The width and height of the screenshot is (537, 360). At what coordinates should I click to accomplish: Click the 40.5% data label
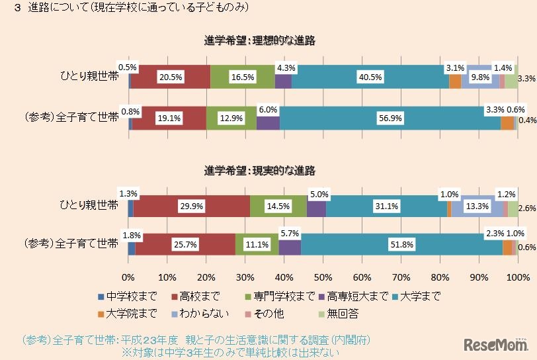[x=370, y=77]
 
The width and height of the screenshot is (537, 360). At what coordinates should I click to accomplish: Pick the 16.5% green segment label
[x=242, y=77]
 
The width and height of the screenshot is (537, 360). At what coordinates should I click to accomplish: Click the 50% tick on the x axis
[x=323, y=276]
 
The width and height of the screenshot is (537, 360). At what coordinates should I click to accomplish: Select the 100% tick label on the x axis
[x=517, y=276]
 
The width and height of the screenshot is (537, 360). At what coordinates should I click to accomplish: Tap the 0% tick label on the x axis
[x=128, y=276]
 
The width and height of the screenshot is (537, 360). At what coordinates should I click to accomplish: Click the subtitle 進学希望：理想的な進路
[x=259, y=41]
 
